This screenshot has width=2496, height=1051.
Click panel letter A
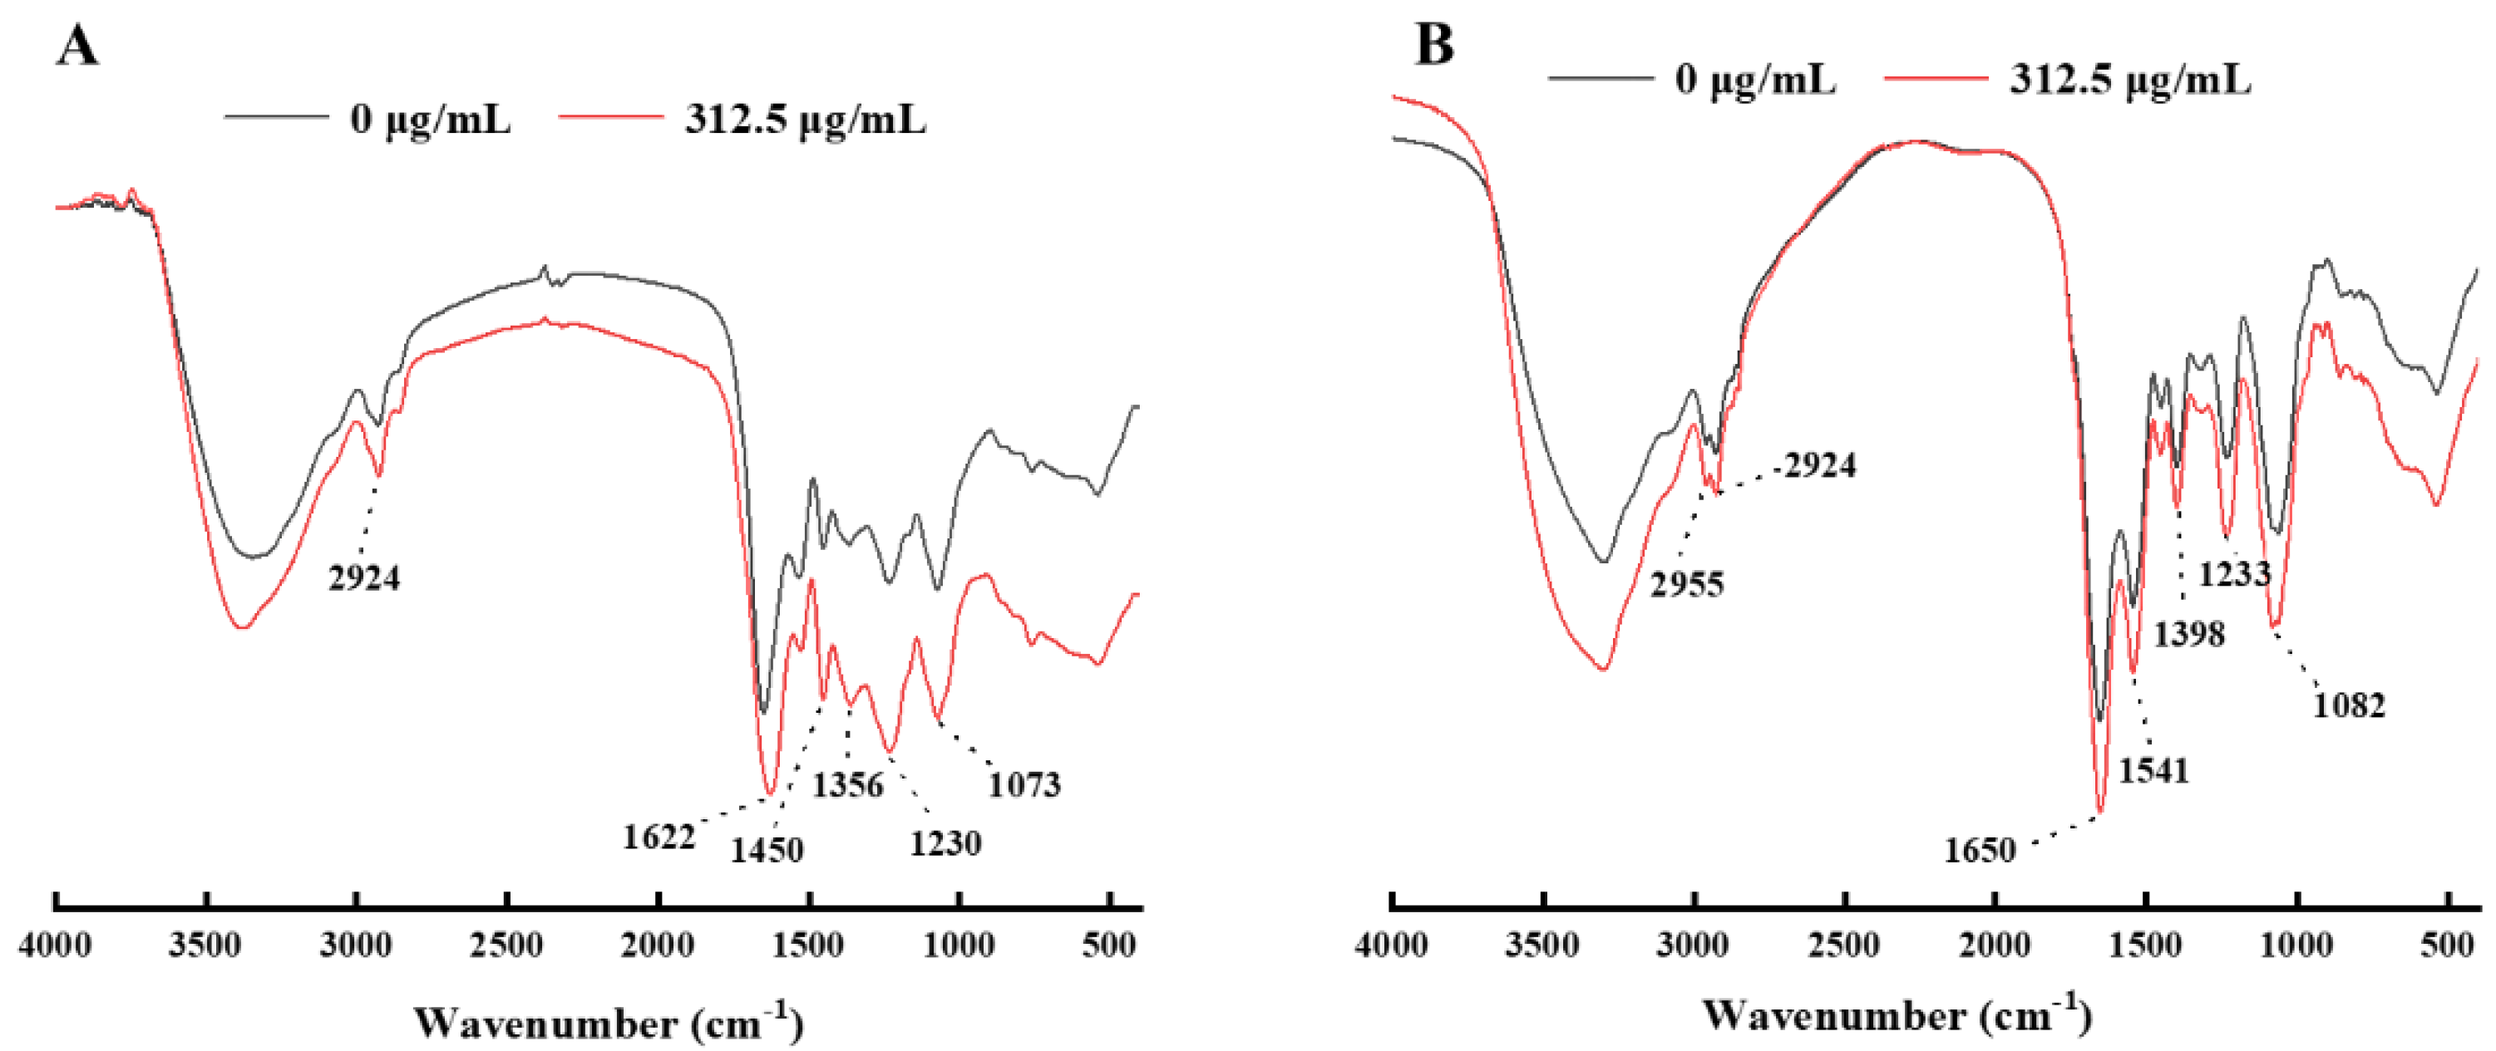(76, 46)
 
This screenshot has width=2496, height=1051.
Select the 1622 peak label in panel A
(659, 837)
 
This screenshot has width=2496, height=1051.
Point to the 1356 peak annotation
(848, 784)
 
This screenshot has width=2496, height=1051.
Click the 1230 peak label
(945, 843)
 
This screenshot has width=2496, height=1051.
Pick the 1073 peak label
(1024, 783)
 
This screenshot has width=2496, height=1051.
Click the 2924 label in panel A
(363, 578)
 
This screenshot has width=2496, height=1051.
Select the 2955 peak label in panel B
(1687, 584)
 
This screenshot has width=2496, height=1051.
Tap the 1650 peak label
(1980, 851)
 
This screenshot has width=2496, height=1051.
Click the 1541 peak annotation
(2153, 771)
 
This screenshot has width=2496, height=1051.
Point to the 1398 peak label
(2189, 635)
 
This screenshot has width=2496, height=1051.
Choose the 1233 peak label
(2234, 574)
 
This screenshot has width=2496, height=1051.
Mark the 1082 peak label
(2349, 705)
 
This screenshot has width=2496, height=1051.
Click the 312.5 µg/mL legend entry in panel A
(804, 120)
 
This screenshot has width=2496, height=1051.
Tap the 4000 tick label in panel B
(1391, 945)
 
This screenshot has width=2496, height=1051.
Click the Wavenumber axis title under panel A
(609, 1022)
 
